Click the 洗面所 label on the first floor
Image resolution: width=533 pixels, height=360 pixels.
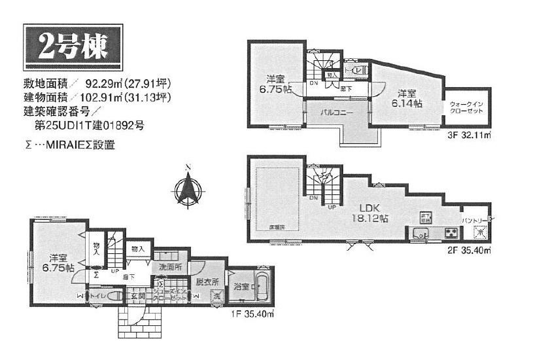pyautogui.click(x=169, y=268)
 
